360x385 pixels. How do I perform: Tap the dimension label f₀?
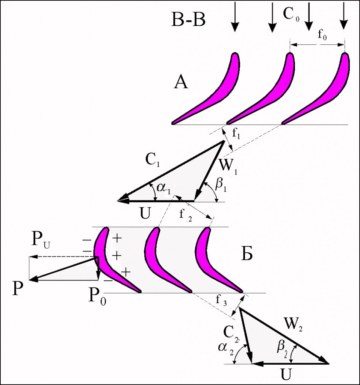click(322, 36)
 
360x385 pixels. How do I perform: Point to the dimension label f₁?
click(236, 138)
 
